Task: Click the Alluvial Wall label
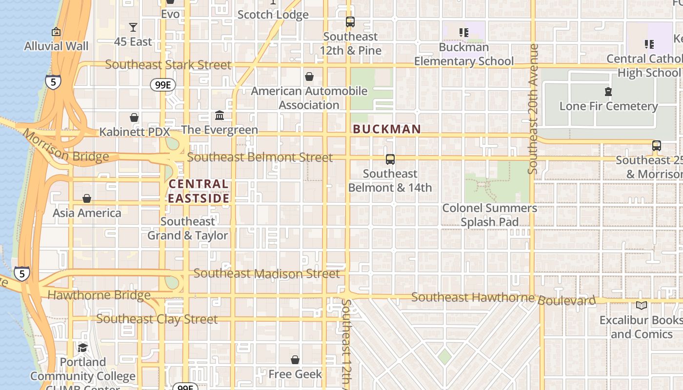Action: pos(57,46)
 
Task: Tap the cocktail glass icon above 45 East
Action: pos(133,27)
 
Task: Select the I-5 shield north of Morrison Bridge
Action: pos(53,82)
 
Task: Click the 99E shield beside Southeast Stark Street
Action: pos(162,85)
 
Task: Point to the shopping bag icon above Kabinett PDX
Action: pos(134,117)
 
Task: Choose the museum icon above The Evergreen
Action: pos(220,116)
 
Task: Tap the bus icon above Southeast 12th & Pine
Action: pos(350,22)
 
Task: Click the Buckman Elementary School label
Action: pos(464,54)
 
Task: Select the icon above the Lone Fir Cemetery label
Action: pos(608,92)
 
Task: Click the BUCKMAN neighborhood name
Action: pos(387,129)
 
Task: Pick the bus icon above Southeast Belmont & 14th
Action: pos(390,159)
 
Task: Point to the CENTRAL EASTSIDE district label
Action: pos(199,191)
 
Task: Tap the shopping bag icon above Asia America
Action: pos(87,198)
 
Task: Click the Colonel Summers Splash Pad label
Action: pos(489,215)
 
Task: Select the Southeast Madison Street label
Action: pos(266,273)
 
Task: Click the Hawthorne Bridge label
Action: pos(99,295)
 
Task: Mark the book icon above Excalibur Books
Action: pos(642,306)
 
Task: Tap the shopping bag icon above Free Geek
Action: pos(295,360)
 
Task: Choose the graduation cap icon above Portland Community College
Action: pos(82,348)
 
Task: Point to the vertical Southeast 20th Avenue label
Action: pos(533,109)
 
